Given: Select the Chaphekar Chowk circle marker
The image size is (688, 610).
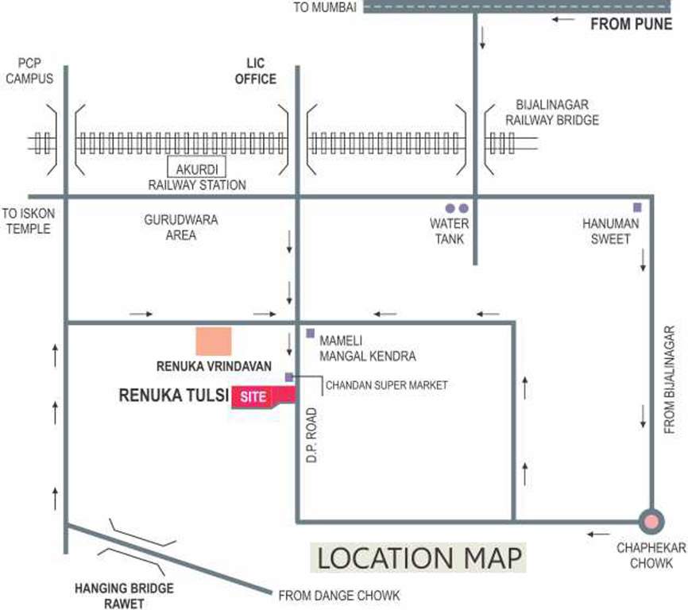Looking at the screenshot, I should [x=651, y=522].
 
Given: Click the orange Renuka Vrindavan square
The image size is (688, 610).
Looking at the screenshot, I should [x=214, y=341].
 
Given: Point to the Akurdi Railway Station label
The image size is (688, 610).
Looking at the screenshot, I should [x=197, y=176].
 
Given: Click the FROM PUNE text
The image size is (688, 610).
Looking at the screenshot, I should [x=631, y=24].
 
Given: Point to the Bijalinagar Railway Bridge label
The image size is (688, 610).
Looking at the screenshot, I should [x=557, y=112].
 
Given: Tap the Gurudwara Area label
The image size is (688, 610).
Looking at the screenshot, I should [x=181, y=227].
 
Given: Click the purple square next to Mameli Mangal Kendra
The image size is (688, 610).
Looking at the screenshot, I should [x=310, y=333].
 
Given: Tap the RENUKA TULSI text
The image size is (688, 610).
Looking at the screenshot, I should [x=172, y=393].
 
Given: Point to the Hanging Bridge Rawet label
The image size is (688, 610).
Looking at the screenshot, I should [x=124, y=595].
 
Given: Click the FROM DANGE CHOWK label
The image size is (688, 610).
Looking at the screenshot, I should [x=338, y=595].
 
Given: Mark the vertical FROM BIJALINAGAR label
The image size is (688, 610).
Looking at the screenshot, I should [x=669, y=379].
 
